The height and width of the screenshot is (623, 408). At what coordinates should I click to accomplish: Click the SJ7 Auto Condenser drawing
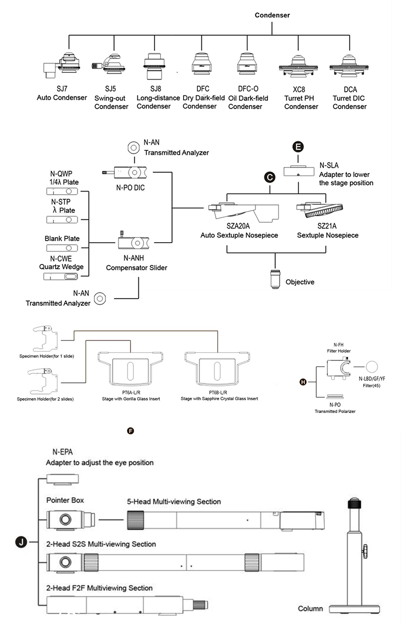(x=62, y=65)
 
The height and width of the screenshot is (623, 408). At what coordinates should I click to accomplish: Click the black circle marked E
(x=298, y=146)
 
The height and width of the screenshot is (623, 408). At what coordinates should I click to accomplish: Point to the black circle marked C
(x=269, y=177)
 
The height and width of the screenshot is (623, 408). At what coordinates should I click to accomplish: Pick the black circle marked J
(x=21, y=542)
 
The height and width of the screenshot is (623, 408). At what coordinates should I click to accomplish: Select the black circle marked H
(x=303, y=382)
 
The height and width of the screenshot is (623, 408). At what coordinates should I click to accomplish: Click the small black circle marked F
(x=130, y=431)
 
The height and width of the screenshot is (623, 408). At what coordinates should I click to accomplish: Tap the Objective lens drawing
(x=275, y=279)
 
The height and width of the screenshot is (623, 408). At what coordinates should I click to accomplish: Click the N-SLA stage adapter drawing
(x=299, y=171)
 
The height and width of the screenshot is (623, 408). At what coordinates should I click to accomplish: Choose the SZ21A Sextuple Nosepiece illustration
(x=320, y=210)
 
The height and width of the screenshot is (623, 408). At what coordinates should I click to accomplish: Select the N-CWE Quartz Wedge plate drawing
(x=61, y=276)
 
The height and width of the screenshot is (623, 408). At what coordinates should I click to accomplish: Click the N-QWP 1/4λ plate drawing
(x=62, y=191)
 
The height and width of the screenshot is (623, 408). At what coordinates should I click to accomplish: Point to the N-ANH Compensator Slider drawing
(x=134, y=242)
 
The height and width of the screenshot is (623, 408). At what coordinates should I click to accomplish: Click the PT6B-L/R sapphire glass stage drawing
(x=217, y=369)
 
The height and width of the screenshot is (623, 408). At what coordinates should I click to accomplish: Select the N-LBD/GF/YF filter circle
(x=372, y=367)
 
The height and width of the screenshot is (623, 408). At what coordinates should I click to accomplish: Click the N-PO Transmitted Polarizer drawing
(x=335, y=397)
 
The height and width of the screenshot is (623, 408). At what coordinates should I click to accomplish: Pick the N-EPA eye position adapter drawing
(x=63, y=479)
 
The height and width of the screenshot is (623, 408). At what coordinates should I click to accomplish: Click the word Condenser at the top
(x=272, y=15)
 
